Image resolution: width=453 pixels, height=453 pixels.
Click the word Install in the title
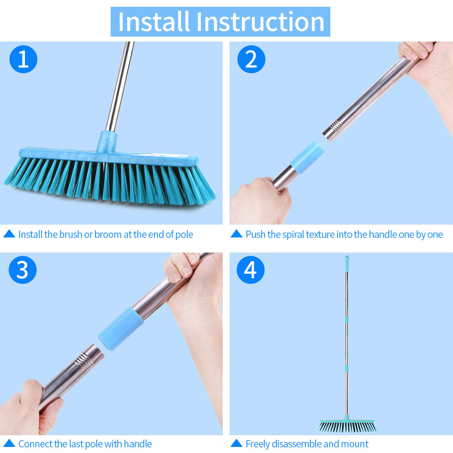click(154, 22)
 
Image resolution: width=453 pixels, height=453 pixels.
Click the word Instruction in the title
click(260, 22)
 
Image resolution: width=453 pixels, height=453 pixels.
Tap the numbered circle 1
click(23, 59)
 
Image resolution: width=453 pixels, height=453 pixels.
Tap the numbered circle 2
click(251, 59)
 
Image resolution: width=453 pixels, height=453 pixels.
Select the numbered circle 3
click(23, 270)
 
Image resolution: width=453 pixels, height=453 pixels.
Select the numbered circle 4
click(251, 270)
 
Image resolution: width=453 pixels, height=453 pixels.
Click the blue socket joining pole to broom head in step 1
click(107, 142)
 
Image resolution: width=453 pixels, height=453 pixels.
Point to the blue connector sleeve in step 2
click(307, 154)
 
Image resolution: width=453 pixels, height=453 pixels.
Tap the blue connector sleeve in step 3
click(120, 329)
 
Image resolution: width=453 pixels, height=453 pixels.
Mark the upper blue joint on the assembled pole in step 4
click(347, 320)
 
